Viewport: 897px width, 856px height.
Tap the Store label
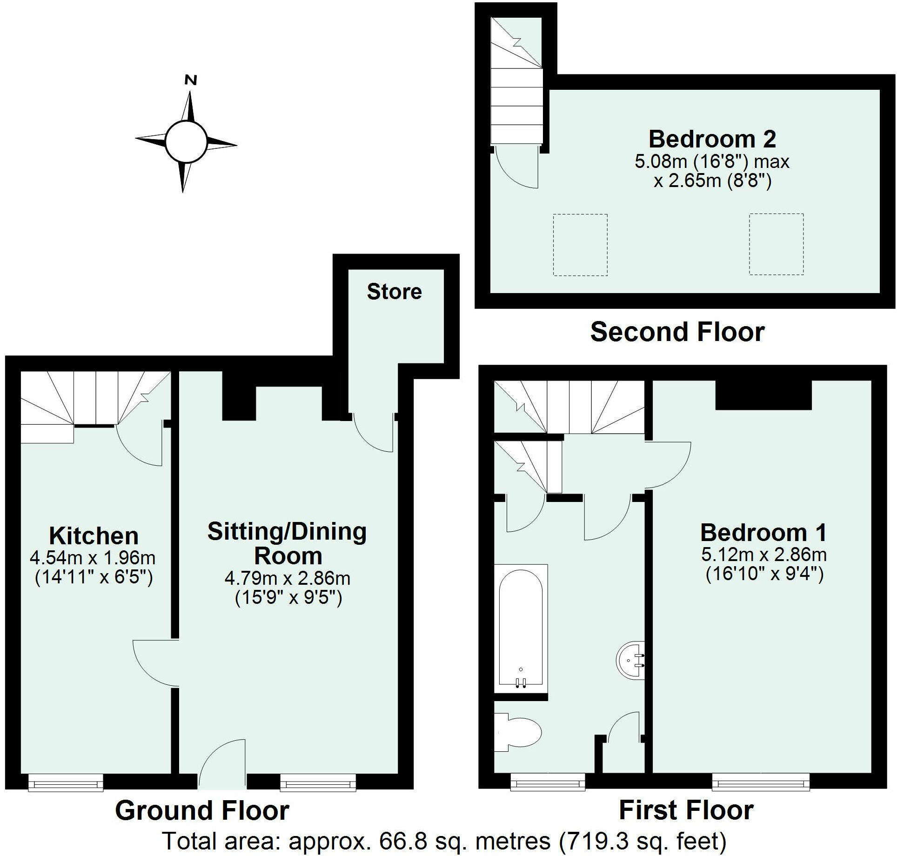coord(394,292)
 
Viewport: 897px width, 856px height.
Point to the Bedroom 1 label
coord(764,533)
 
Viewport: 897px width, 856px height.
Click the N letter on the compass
coord(191,80)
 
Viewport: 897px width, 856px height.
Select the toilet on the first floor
coord(517,739)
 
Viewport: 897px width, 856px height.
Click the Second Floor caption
coord(677,332)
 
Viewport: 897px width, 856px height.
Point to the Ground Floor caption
coord(202,810)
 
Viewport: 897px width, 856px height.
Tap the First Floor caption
coord(686,810)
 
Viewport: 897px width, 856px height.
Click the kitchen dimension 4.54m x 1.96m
coord(93,557)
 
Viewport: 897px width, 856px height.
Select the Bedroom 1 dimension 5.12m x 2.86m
coord(764,555)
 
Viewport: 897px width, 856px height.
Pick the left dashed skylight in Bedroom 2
coord(580,245)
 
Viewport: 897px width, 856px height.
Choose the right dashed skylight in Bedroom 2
coord(777,244)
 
